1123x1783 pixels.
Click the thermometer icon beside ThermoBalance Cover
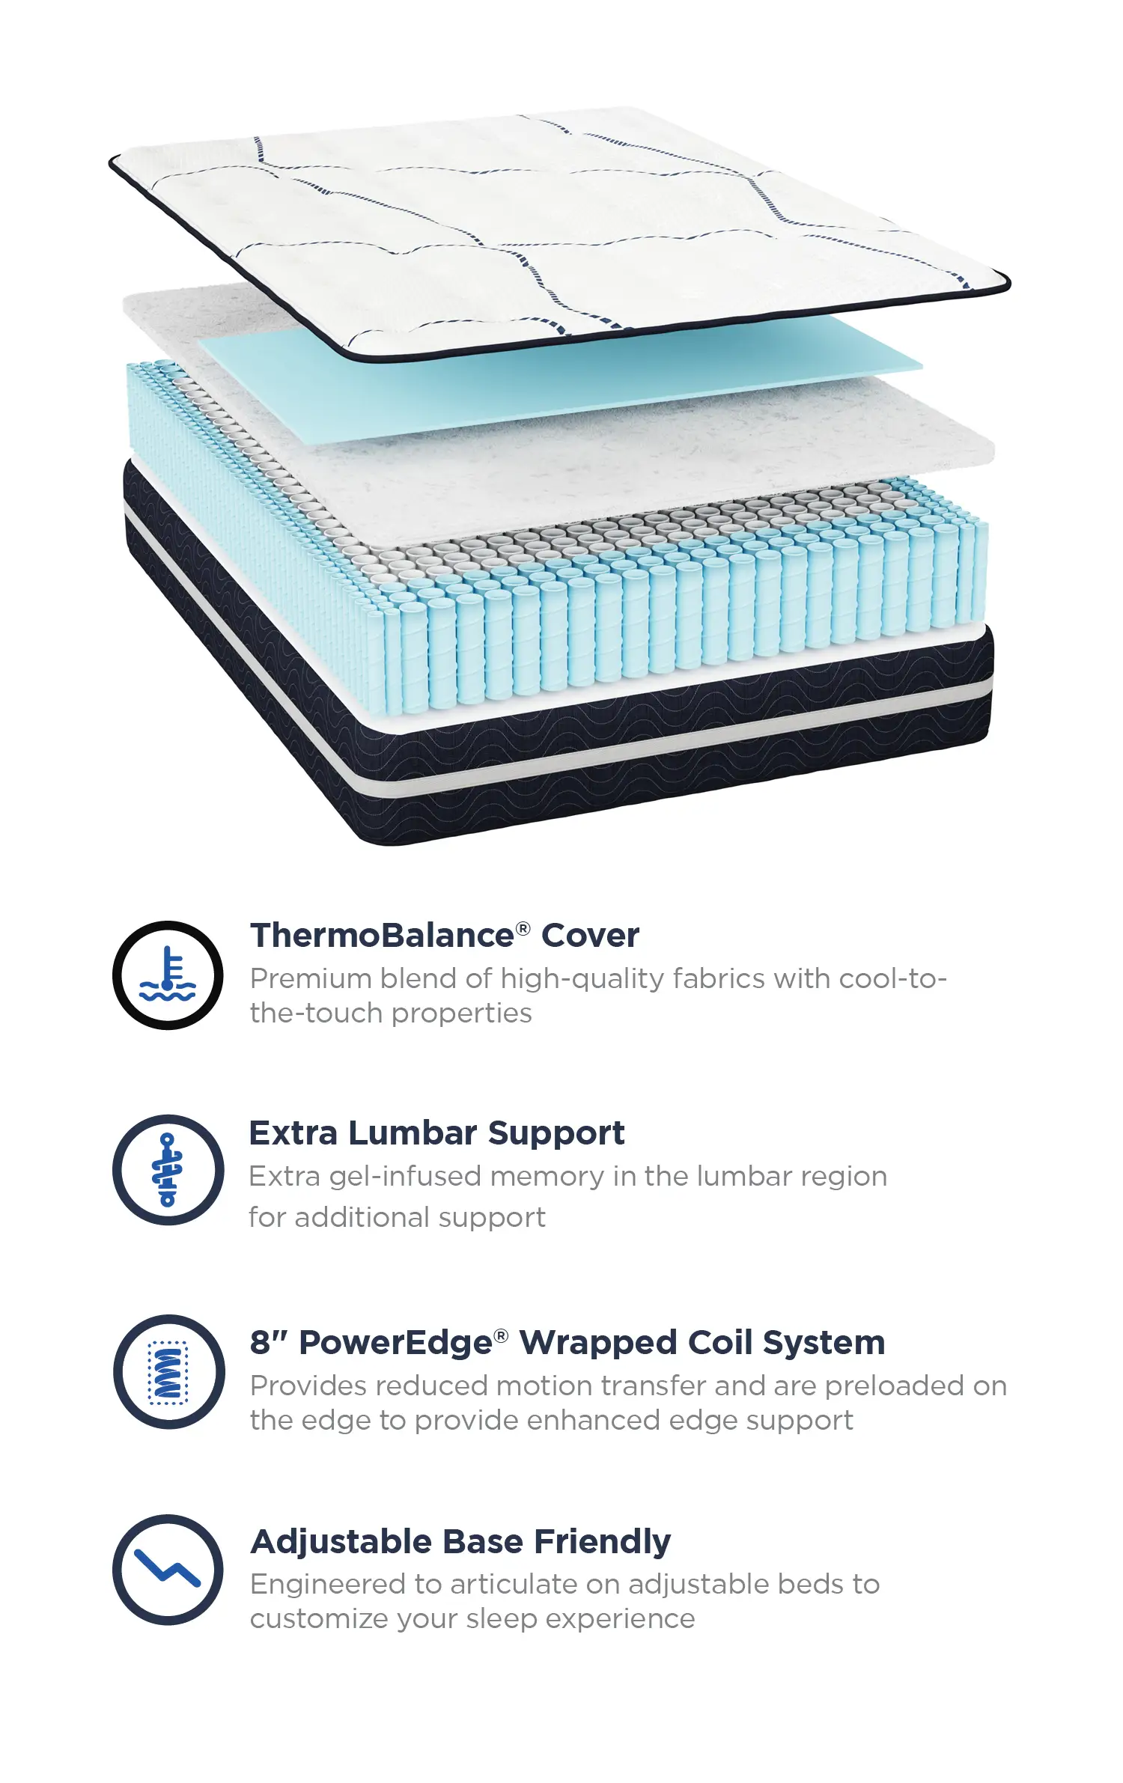coord(168,975)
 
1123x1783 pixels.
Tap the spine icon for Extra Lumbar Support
coord(168,1170)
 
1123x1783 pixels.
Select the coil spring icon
coord(168,1372)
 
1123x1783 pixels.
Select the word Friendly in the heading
coord(603,1542)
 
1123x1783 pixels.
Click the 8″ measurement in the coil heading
coord(270,1342)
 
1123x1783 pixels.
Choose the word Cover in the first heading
coord(590,935)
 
